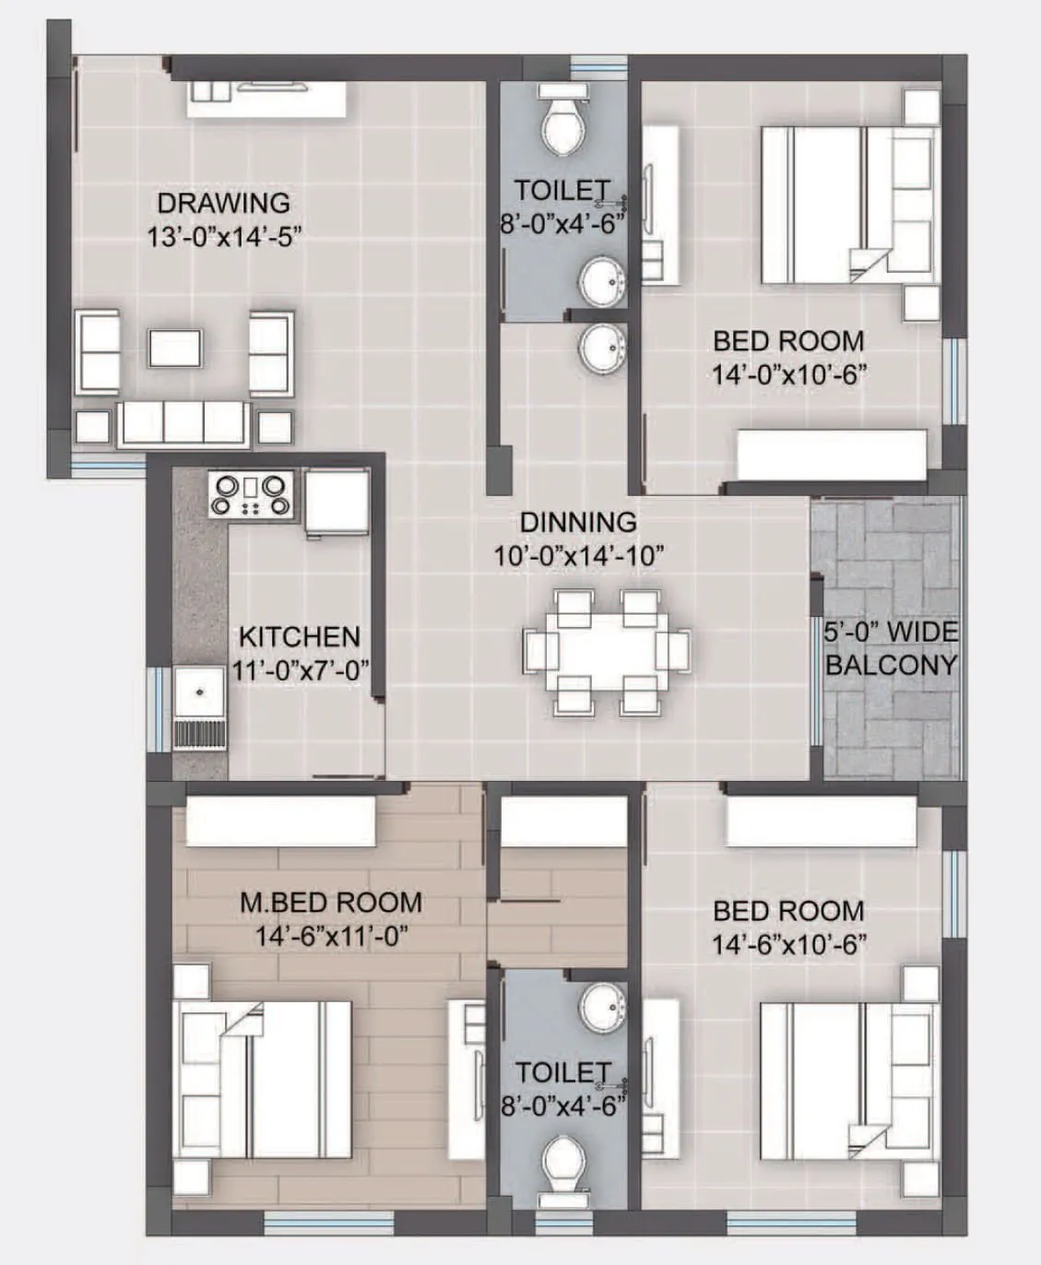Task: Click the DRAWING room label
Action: click(x=223, y=203)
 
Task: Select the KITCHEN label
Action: click(x=299, y=636)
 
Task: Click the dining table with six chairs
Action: click(x=606, y=651)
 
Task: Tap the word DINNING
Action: click(x=578, y=522)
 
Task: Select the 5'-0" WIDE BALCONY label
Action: click(x=890, y=648)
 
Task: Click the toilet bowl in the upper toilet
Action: click(x=562, y=125)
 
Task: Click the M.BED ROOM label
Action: click(x=331, y=902)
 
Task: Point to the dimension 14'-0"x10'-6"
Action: click(x=788, y=375)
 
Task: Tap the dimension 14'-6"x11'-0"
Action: click(x=331, y=937)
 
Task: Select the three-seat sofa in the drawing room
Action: click(x=183, y=424)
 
